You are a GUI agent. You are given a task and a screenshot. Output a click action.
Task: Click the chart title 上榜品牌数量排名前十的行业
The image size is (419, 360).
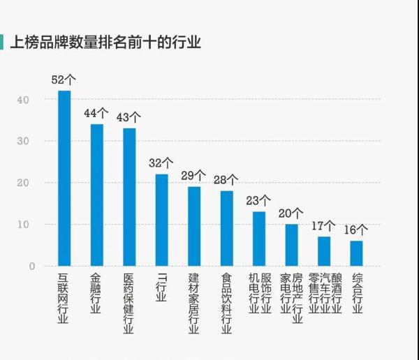105,43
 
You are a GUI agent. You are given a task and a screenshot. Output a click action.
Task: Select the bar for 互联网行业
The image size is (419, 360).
64,179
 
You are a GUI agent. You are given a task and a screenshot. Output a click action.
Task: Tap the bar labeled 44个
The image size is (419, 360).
97,195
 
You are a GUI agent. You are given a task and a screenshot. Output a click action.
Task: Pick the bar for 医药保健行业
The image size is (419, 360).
130,197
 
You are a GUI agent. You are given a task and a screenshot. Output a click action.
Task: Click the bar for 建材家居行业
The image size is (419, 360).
194,227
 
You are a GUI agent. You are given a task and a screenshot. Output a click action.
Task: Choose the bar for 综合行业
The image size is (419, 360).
357,253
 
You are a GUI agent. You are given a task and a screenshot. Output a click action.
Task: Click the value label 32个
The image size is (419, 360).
161,163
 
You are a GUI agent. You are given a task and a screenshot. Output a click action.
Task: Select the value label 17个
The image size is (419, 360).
324,225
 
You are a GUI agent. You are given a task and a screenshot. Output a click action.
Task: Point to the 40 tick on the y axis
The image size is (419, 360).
24,100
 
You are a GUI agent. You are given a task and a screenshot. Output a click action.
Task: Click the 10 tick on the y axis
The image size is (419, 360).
24,225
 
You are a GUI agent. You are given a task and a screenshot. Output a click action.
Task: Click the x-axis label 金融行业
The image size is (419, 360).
96,293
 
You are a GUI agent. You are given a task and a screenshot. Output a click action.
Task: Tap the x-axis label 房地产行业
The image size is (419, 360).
297,298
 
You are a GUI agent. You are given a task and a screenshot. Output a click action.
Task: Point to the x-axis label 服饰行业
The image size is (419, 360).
265,293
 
